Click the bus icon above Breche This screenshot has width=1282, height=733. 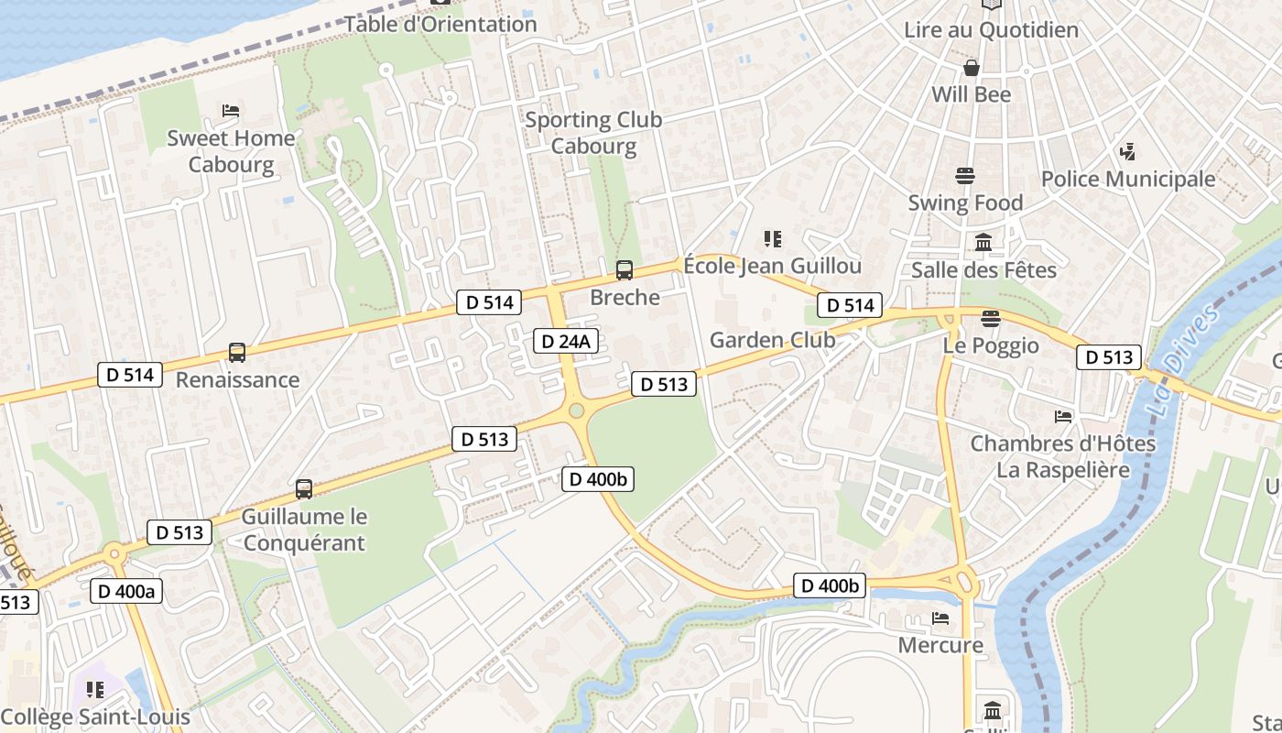point(625,270)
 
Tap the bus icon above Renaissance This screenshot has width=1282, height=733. point(236,353)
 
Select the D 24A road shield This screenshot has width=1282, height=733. point(566,342)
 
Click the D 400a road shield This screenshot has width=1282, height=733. point(127,591)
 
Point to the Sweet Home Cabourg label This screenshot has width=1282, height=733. point(231,151)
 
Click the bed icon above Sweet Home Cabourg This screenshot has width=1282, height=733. point(231,111)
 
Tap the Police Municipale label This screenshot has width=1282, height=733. point(1127,179)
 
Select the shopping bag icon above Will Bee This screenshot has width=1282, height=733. point(971,68)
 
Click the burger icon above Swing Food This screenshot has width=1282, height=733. point(964,175)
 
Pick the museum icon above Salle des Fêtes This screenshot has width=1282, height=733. point(983,243)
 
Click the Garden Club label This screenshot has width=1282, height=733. point(772,340)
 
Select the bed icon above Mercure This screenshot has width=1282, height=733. point(940,618)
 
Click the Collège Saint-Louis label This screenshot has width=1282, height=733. point(95,717)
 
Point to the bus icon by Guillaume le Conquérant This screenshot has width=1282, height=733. point(304,489)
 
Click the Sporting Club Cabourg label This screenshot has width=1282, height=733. point(593,133)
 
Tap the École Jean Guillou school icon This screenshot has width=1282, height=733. point(772,239)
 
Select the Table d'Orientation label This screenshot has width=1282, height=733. point(440,24)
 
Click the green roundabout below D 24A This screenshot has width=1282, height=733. point(576,410)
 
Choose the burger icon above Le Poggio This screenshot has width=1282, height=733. point(990,319)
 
